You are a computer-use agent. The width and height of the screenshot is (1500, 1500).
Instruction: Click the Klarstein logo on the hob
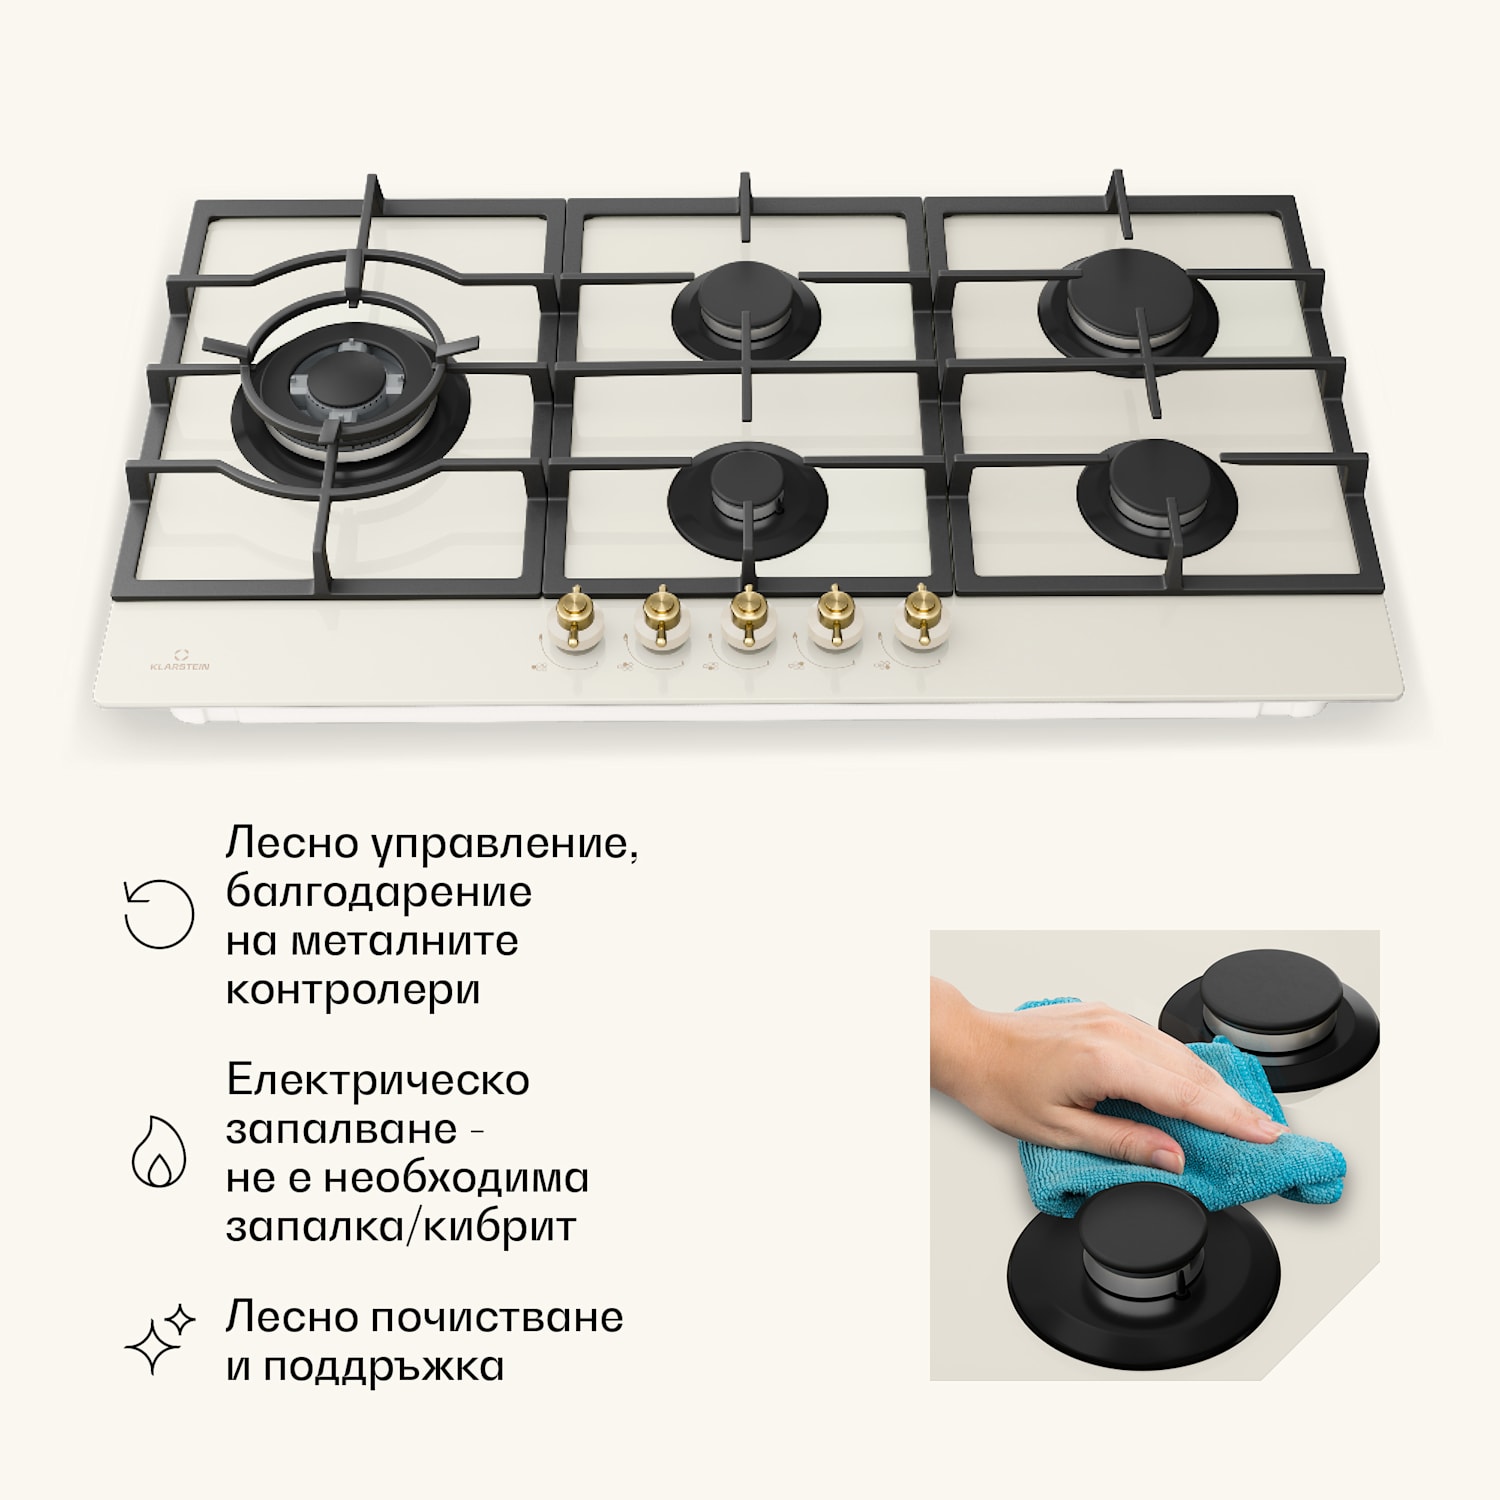click(x=180, y=660)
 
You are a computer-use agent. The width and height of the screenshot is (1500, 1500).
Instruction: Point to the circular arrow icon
click(x=158, y=914)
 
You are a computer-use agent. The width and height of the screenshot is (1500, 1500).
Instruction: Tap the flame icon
click(x=159, y=1151)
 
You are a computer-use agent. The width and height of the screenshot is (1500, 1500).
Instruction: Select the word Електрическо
click(x=378, y=1080)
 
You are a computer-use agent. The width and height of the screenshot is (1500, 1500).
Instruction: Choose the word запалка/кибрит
click(x=401, y=1227)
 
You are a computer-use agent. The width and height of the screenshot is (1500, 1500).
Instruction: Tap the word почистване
click(x=497, y=1317)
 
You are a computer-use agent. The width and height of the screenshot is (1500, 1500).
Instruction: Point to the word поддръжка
click(x=384, y=1367)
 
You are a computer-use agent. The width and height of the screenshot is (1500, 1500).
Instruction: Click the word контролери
click(x=353, y=991)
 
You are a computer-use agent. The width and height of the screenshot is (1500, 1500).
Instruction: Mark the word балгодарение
click(x=379, y=893)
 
